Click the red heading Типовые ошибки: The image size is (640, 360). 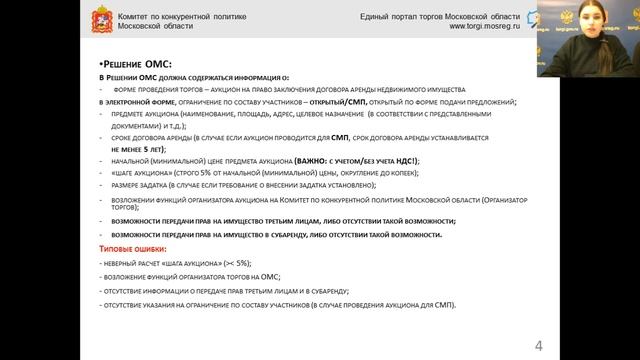tap(133, 248)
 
